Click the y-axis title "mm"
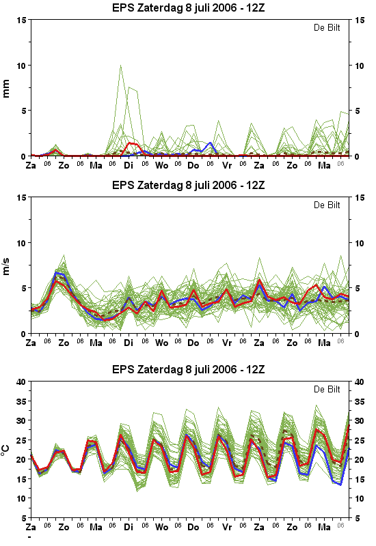coord(6,89)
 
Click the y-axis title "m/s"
coord(6,266)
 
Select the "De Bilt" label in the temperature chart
coord(327,389)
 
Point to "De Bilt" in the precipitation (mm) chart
coord(327,27)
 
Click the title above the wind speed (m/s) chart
coord(189,185)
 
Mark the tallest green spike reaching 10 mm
coord(121,66)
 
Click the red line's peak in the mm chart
coord(129,143)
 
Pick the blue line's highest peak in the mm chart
coord(210,143)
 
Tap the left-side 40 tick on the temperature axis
coord(21,382)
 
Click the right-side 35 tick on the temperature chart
coord(360,401)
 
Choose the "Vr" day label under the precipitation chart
coord(227,165)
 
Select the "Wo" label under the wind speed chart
coord(161,343)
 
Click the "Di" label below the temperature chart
coord(129,527)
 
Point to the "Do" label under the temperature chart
coord(193,527)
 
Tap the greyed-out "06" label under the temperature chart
coord(340,525)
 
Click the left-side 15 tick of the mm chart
coord(22,20)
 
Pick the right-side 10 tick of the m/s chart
coord(360,243)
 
